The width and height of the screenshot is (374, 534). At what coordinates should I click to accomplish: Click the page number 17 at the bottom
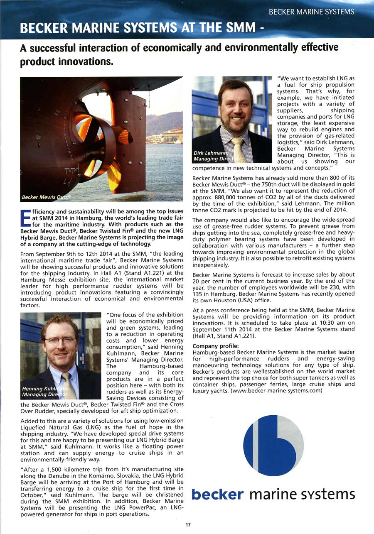click(188, 525)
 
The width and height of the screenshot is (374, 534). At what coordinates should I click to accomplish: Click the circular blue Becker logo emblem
click(273, 446)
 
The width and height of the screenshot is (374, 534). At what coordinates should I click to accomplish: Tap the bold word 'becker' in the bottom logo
click(217, 494)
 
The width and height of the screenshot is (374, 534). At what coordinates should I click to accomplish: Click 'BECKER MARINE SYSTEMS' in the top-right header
click(311, 12)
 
